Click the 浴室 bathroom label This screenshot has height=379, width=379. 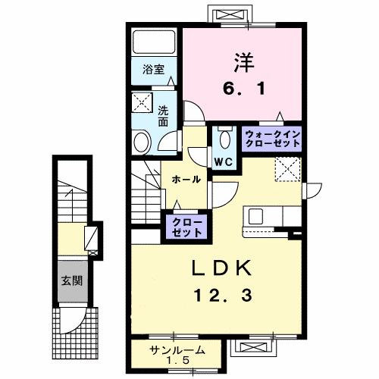154,70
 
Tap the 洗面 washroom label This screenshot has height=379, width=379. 163,115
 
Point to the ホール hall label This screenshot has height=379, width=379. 186,180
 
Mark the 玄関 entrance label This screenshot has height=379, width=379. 72,279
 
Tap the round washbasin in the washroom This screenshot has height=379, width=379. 142,140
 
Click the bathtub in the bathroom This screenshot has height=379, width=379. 153,43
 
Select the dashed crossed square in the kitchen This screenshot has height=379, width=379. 287,168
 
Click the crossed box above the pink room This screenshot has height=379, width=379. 231,15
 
